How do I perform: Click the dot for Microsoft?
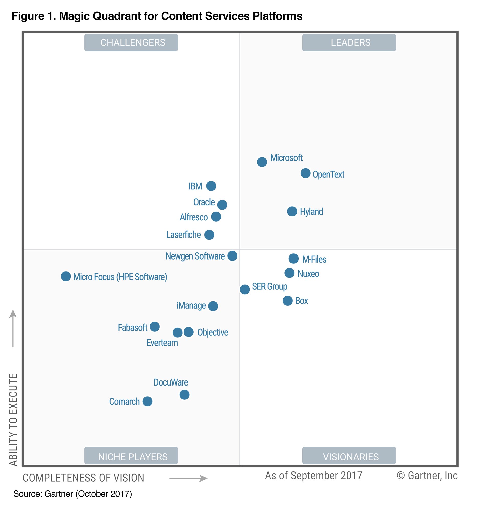pos(262,162)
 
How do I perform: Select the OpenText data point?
pos(305,173)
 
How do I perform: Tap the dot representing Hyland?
pos(292,211)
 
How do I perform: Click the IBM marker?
pos(211,186)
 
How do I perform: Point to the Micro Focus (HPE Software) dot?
pos(66,276)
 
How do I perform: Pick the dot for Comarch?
pos(147,401)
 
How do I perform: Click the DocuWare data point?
pos(185,395)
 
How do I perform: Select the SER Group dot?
pos(245,290)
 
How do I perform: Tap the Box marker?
pos(288,301)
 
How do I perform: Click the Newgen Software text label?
pos(195,256)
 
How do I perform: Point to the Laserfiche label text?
pos(183,235)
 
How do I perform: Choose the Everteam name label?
pos(162,343)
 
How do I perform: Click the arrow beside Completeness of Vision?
pos(188,478)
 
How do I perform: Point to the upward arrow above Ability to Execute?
pos(13,328)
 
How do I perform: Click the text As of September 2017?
pos(314,476)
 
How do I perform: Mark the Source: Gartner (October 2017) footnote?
pos(72,494)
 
